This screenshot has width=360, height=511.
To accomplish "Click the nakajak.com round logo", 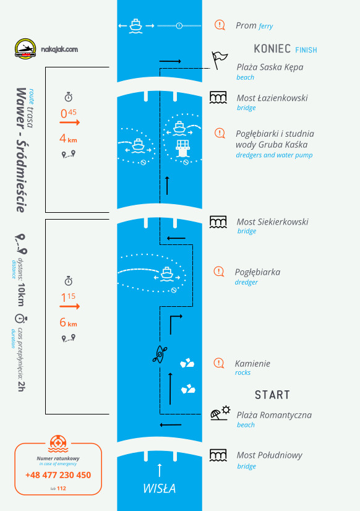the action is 25,49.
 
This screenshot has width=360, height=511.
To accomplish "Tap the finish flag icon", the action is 219,60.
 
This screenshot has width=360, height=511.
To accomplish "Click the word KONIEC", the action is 272,49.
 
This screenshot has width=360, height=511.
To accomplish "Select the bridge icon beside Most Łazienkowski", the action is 218,98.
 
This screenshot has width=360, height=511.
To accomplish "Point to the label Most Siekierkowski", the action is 272,222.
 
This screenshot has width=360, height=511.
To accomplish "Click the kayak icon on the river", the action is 160,354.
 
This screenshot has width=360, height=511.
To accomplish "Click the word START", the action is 272,395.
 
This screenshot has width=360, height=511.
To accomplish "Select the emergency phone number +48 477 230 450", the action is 58,475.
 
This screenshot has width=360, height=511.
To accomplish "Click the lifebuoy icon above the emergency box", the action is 58,444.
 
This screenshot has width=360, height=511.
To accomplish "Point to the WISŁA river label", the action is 160,488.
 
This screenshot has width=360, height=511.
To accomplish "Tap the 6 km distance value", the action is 69,323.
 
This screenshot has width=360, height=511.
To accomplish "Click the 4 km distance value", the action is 69,139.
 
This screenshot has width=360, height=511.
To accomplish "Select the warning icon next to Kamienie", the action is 219,363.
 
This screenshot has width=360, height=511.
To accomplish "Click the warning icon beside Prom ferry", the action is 220,25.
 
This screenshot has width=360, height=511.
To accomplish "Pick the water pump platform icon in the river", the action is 182,148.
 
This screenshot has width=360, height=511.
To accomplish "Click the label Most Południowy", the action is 270,455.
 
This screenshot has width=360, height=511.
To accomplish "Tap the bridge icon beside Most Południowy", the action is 218,455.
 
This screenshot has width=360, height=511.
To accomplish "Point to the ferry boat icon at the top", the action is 136,26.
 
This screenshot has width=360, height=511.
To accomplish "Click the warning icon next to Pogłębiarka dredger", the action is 219,272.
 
